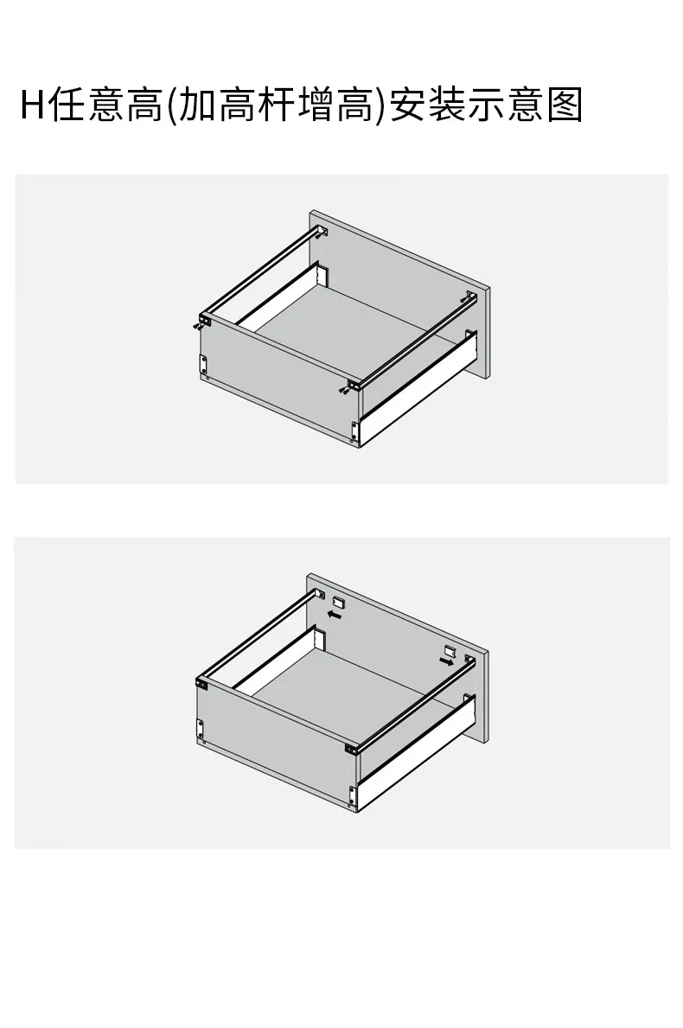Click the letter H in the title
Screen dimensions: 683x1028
[32, 105]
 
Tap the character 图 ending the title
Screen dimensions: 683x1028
[565, 105]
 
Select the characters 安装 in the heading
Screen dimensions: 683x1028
[427, 105]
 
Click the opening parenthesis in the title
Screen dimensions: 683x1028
[170, 105]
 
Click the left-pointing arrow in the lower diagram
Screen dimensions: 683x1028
[335, 615]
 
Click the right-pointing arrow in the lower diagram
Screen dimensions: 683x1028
[447, 662]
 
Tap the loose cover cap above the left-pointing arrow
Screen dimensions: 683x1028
[338, 601]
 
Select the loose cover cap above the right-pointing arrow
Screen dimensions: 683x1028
[450, 651]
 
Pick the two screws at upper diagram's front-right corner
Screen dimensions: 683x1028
[343, 391]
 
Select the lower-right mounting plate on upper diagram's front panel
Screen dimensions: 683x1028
[354, 431]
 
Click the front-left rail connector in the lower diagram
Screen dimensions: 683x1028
[201, 683]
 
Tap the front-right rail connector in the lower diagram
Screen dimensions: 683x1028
[352, 748]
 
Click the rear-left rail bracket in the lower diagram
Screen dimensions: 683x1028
[321, 595]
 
